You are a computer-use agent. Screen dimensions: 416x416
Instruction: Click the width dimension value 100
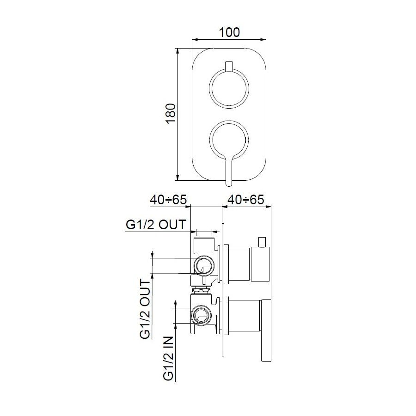coord(229,32)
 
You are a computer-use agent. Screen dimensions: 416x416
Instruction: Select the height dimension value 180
coord(170,114)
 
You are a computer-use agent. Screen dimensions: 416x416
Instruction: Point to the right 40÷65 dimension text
coord(245,200)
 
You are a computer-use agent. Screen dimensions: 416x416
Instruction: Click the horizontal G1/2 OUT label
coord(156,225)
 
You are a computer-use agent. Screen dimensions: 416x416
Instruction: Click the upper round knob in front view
coord(229,89)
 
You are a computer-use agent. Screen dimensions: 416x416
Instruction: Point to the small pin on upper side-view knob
coord(263,242)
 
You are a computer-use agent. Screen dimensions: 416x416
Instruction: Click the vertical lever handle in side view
coord(266,331)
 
